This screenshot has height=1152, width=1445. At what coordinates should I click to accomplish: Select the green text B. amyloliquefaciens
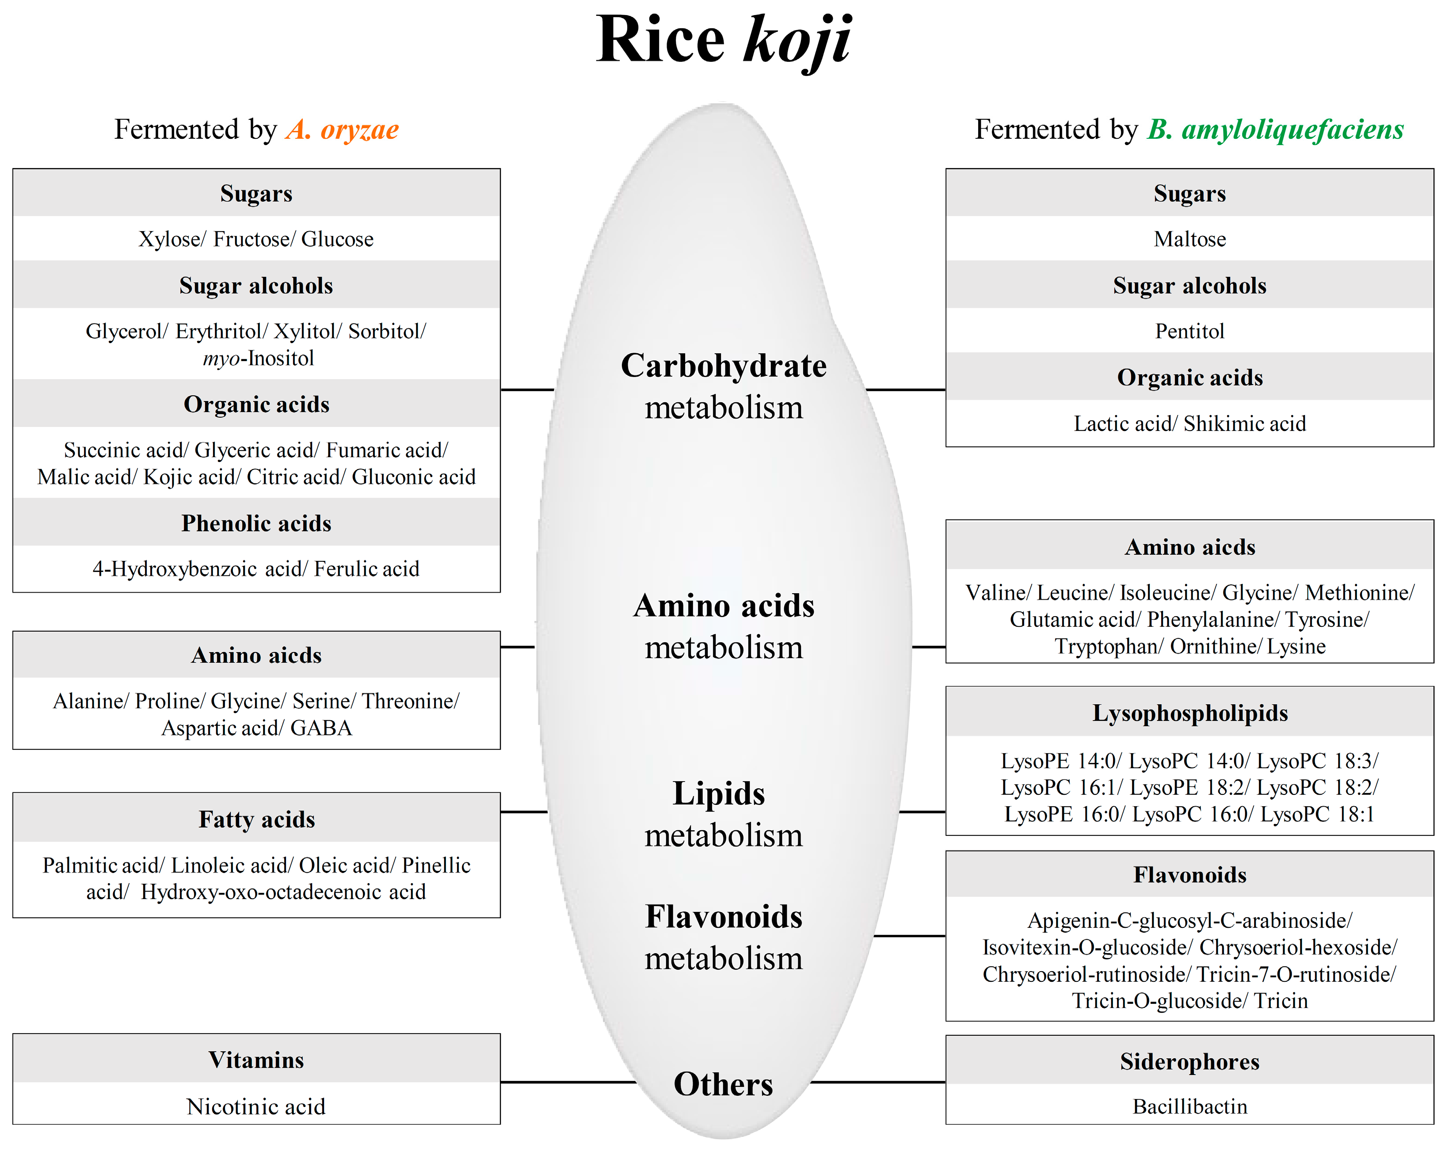[x=1275, y=130]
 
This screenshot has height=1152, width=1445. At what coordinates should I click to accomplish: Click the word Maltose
[x=1190, y=239]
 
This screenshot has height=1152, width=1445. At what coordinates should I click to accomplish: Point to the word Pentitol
[x=1190, y=331]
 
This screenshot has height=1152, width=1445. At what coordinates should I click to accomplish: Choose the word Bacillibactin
[x=1190, y=1106]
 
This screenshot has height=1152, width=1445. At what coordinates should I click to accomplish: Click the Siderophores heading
[x=1190, y=1061]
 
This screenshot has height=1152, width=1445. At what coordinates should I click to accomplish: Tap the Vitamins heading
[x=256, y=1060]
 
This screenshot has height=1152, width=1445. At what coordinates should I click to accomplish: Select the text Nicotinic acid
[x=256, y=1106]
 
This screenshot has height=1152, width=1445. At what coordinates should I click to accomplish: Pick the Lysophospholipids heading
[x=1190, y=713]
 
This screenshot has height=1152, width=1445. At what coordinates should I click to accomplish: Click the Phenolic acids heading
[x=256, y=523]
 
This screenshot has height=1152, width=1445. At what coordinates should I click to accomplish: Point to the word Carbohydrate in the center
[x=724, y=366]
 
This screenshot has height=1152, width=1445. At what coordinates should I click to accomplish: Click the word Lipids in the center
[x=718, y=793]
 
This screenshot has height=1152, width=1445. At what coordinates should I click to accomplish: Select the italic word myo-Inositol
[x=259, y=359]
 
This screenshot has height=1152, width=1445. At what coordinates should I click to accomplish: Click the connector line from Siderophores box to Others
[x=878, y=1082]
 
